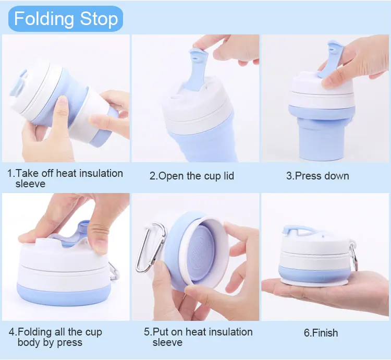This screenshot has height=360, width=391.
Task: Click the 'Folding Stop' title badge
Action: [66, 19]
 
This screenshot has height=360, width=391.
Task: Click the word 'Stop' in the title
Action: [99, 19]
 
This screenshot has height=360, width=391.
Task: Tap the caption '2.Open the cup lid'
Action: [192, 176]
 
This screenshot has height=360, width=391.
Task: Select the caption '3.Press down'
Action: [317, 176]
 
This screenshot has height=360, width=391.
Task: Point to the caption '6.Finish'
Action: [321, 332]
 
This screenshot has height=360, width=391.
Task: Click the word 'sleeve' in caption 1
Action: [30, 184]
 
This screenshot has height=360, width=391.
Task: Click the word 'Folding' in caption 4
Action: [34, 332]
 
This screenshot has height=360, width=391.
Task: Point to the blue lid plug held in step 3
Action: [331, 58]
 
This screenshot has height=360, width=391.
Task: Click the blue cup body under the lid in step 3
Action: [322, 134]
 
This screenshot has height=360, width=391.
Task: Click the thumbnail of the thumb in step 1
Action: [62, 102]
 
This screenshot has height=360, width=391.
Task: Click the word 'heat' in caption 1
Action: [66, 173]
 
